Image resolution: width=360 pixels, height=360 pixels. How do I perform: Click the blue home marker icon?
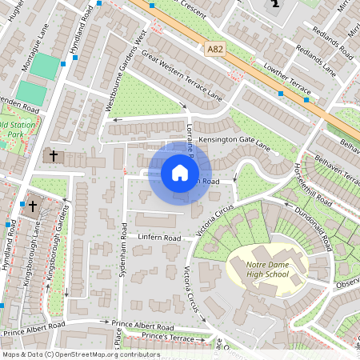pyautogui.click(x=180, y=173)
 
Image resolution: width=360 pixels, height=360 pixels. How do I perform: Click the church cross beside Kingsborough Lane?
pyautogui.click(x=33, y=206)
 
